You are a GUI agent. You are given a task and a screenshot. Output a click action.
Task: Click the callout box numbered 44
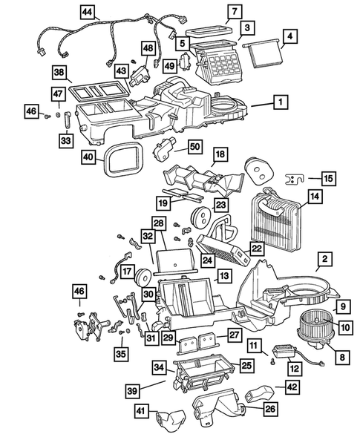point(88,13)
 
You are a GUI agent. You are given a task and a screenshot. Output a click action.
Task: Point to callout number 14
point(314,198)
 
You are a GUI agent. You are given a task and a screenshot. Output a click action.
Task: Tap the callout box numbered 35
point(120,354)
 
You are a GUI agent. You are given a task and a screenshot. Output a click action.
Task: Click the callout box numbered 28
point(158,223)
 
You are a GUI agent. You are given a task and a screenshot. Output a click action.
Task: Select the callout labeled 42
point(291,387)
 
